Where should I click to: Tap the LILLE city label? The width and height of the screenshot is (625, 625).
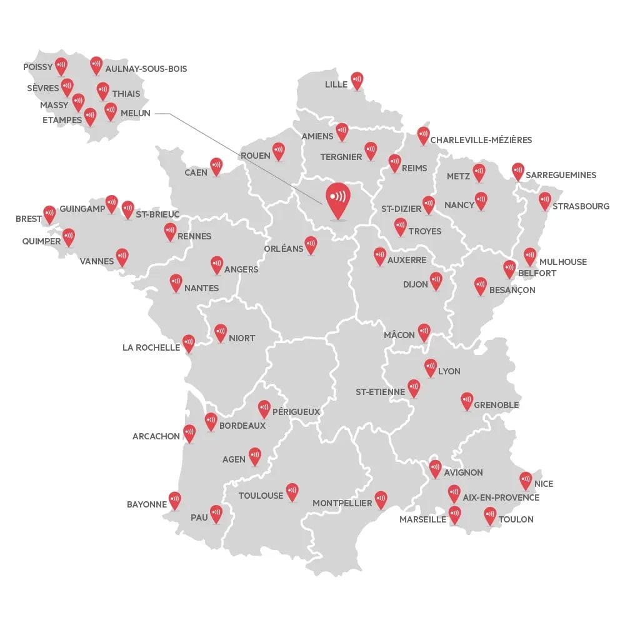point(336,84)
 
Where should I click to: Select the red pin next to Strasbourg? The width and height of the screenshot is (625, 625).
point(545,201)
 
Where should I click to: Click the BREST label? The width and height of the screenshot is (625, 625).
point(29,219)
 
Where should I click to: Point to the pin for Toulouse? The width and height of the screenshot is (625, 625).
point(292,491)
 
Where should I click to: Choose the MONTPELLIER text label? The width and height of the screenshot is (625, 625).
point(342,503)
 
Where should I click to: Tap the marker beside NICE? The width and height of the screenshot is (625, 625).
point(526,480)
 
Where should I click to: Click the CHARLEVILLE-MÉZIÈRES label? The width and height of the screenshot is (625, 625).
point(481,140)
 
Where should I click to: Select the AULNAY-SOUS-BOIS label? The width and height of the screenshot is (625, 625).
point(146,69)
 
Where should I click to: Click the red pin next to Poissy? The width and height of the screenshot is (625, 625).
point(61,65)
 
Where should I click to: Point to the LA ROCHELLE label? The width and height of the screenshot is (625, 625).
point(151,347)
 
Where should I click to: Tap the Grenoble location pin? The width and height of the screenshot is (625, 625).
point(467,401)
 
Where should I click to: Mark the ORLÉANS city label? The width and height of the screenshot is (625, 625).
point(284,249)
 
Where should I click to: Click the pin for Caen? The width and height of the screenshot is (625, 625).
point(216,166)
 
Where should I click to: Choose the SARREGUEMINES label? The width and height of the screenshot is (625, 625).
point(561,175)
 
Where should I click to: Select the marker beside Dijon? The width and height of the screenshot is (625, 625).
point(436,280)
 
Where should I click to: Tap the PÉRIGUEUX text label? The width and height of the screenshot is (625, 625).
point(296,412)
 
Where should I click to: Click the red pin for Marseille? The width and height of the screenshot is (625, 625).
point(454,514)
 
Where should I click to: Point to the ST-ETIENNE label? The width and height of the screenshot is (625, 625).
point(380,392)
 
